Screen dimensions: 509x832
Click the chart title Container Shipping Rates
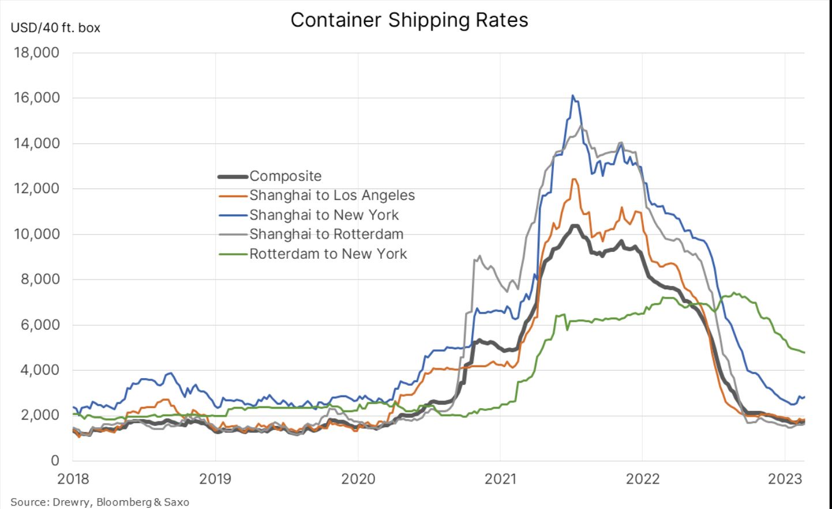pyautogui.click(x=409, y=20)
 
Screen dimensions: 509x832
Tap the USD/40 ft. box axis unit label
pyautogui.click(x=55, y=28)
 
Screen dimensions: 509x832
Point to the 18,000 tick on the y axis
pyautogui.click(x=36, y=52)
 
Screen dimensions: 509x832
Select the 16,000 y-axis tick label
pyautogui.click(x=36, y=98)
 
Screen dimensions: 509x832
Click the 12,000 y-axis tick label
pyautogui.click(x=36, y=188)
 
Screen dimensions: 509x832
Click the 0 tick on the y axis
pyautogui.click(x=55, y=461)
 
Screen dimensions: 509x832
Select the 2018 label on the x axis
pyautogui.click(x=73, y=479)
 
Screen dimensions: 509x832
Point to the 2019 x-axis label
pyautogui.click(x=215, y=479)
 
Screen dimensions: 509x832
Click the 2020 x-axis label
pyautogui.click(x=358, y=479)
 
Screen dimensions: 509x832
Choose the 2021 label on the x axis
pyautogui.click(x=500, y=479)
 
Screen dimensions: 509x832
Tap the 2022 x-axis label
pyautogui.click(x=643, y=479)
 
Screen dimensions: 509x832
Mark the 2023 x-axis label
pyautogui.click(x=785, y=479)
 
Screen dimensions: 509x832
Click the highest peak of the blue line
pyautogui.click(x=572, y=96)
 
